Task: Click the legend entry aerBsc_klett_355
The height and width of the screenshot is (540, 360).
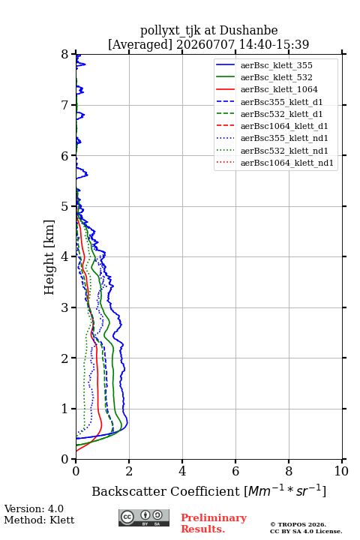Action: click(x=276, y=65)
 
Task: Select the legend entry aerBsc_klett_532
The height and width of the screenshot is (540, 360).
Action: click(x=276, y=77)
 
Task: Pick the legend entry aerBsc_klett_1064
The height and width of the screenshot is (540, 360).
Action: click(x=279, y=89)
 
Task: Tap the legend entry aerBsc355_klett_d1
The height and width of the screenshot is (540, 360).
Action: click(x=281, y=102)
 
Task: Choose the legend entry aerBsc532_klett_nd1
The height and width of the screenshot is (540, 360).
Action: click(x=284, y=151)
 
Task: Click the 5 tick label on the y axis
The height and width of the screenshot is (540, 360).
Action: click(x=65, y=206)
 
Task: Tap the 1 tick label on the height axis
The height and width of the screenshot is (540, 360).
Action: click(x=65, y=409)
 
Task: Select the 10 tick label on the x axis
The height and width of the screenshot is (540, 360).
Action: click(x=341, y=471)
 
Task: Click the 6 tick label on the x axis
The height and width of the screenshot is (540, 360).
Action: click(x=235, y=471)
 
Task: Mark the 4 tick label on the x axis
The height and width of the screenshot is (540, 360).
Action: click(x=182, y=471)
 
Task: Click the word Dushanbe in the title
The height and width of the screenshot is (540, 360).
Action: click(x=248, y=30)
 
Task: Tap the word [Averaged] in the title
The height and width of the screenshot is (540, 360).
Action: click(x=140, y=44)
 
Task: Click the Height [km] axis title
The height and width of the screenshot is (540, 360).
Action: click(x=49, y=257)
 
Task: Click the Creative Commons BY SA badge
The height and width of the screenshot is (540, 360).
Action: click(x=144, y=517)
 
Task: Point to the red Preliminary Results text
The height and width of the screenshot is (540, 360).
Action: click(x=214, y=523)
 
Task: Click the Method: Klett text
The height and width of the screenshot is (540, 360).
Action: click(x=39, y=520)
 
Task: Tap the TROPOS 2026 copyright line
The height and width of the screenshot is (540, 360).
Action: click(x=298, y=524)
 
